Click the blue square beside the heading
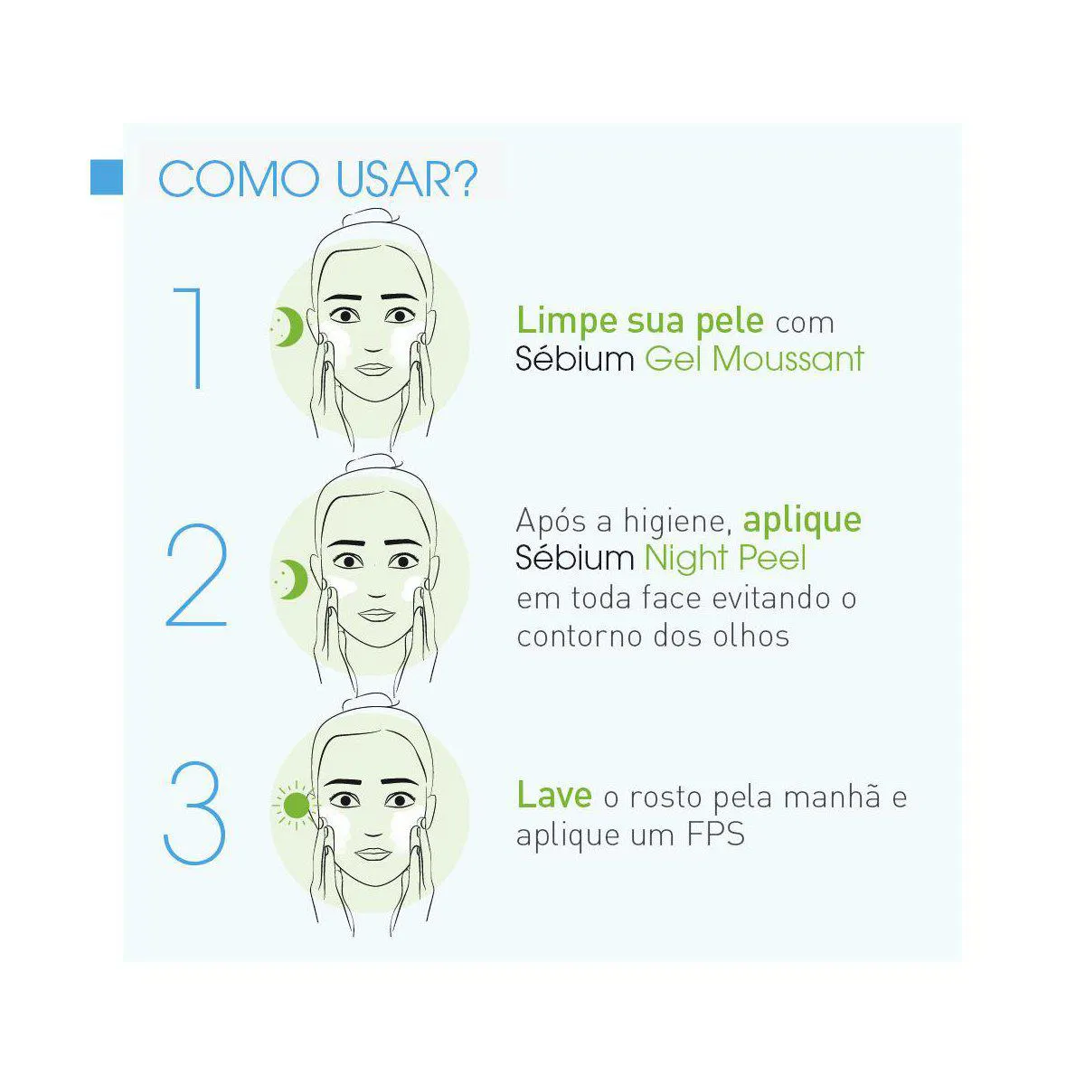(x=107, y=177)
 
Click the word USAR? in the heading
(x=407, y=180)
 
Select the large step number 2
(x=196, y=575)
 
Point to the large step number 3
(x=194, y=812)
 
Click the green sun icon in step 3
(x=297, y=806)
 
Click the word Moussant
(x=788, y=359)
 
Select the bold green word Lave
(x=554, y=795)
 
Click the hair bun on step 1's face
(x=371, y=219)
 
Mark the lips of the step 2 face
(x=377, y=615)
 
